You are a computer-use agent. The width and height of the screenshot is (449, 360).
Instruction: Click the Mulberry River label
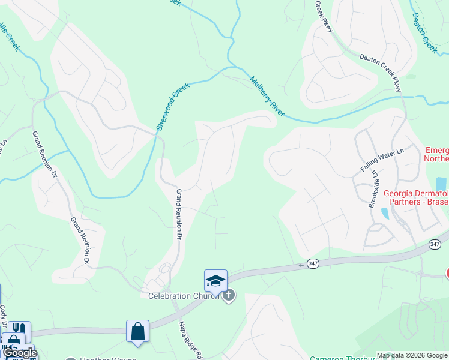click(x=267, y=96)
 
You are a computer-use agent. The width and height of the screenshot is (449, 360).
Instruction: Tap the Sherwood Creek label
click(x=172, y=106)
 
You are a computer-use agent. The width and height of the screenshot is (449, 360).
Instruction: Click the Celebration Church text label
click(x=181, y=295)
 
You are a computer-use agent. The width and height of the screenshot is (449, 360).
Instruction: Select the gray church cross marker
click(x=228, y=295)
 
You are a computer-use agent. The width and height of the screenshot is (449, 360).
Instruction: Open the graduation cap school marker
click(x=215, y=280)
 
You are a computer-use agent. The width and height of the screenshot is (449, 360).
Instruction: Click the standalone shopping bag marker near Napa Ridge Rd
click(x=137, y=331)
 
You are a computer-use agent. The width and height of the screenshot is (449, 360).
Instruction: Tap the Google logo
click(x=20, y=353)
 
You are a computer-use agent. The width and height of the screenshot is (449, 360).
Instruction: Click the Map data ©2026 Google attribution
click(x=412, y=355)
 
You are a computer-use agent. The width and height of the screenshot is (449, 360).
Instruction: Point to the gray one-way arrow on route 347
click(x=301, y=265)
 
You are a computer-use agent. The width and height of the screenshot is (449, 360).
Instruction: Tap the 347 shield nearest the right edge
click(x=435, y=244)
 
